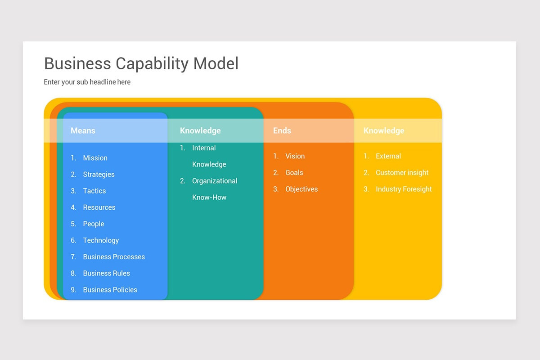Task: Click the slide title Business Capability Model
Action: tap(141, 64)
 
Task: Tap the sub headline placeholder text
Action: tap(87, 82)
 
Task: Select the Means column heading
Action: tap(83, 130)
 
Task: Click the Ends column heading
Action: tap(282, 130)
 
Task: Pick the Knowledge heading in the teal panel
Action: tap(200, 130)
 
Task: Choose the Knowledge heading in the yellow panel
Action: tap(384, 130)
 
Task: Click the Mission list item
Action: tap(95, 158)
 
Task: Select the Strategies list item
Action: tap(99, 175)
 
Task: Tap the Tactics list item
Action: tap(94, 191)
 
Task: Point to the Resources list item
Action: tap(99, 207)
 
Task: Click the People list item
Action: tap(94, 224)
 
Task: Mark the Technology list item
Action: tap(101, 240)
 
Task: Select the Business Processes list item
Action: tap(114, 257)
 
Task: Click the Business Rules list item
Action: tap(106, 273)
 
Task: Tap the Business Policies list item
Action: tap(110, 290)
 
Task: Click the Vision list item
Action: tap(295, 156)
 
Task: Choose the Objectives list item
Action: tap(301, 189)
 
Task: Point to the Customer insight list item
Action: tap(402, 173)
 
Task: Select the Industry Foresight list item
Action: tap(404, 189)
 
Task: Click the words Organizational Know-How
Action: tap(214, 189)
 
